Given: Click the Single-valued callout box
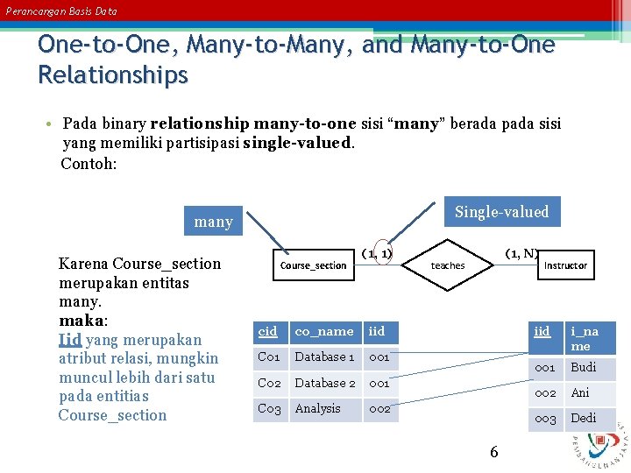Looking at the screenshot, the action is (501, 212).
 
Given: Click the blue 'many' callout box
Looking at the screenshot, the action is (213, 222).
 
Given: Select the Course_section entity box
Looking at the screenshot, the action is (313, 265).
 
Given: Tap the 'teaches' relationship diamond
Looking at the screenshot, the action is (447, 265).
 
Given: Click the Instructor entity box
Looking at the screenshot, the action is (565, 265).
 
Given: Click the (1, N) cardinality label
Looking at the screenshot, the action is (522, 253).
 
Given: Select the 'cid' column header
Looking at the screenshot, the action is (269, 331).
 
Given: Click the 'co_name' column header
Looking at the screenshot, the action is (324, 331).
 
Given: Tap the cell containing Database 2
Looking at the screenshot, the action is (325, 383).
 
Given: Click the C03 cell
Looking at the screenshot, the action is (269, 408).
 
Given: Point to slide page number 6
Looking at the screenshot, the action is (494, 452).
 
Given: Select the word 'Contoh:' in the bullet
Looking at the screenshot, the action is (89, 164).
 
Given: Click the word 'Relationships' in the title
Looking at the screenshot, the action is (113, 75).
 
